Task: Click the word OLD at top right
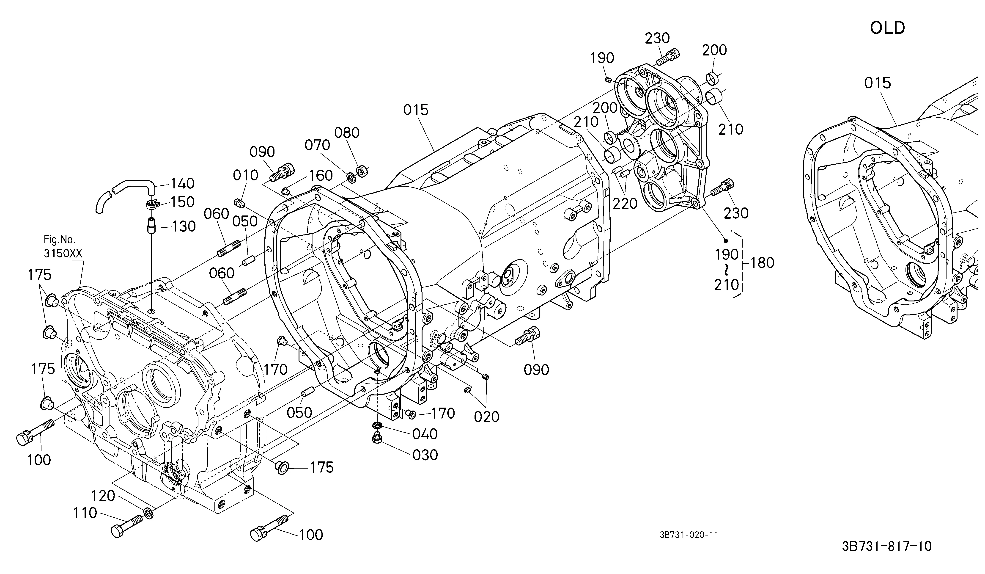887,28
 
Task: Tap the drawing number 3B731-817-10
886,546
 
